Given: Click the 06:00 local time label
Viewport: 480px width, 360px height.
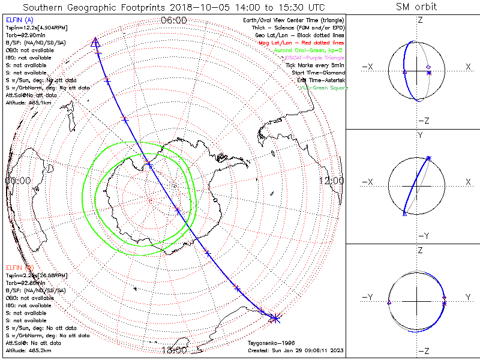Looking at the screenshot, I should [174, 20].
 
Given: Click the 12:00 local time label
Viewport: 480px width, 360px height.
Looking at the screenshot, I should [331, 181].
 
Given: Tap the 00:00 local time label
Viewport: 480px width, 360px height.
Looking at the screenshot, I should [18, 181].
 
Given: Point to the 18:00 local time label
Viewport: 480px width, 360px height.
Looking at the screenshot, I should [174, 350].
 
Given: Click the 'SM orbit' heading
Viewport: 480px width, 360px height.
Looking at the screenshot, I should [416, 7].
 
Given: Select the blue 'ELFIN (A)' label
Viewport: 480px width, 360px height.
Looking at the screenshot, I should [19, 21].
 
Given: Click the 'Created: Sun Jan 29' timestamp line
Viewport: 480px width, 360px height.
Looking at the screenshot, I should [295, 350].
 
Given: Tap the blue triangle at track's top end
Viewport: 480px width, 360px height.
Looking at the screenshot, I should [95, 41].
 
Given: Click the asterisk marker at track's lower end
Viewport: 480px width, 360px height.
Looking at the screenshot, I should [275, 317].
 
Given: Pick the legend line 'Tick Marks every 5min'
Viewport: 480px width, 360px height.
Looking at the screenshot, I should [314, 65].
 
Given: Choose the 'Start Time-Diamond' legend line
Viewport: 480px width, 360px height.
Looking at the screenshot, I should [317, 73].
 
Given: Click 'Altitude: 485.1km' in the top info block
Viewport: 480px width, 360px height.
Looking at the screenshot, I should [25, 103].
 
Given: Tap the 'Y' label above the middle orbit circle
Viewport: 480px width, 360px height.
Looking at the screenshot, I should [419, 136].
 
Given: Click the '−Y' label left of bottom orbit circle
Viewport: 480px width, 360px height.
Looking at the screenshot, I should [368, 297].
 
